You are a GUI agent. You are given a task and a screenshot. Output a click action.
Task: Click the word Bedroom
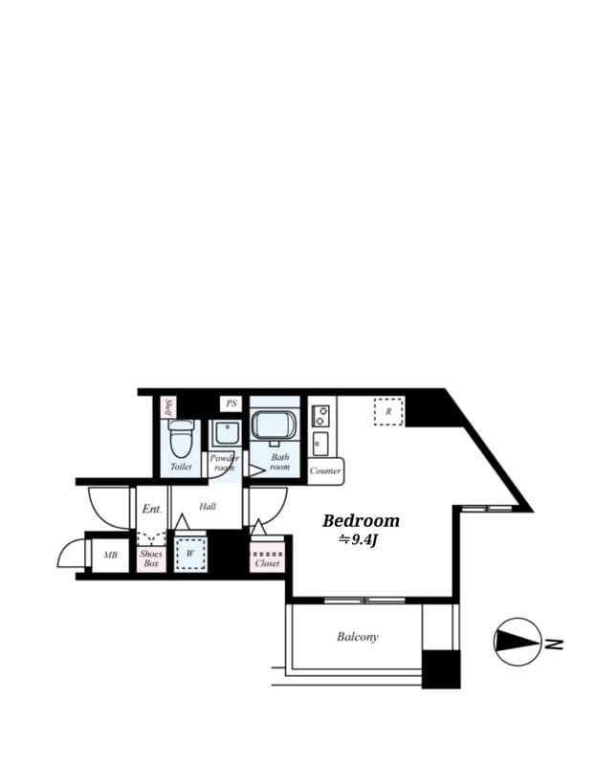(x=361, y=521)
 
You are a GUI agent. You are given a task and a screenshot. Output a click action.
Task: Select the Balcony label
(x=357, y=637)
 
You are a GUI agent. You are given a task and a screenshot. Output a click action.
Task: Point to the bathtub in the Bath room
(x=275, y=425)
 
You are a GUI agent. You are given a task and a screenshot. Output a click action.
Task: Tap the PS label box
(x=231, y=404)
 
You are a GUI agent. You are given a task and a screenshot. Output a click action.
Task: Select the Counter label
(x=325, y=470)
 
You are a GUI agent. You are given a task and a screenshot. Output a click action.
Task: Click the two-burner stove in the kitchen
(x=320, y=416)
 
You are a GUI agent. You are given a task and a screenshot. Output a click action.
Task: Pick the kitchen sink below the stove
(x=320, y=444)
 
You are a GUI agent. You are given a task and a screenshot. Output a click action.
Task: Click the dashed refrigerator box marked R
(x=388, y=411)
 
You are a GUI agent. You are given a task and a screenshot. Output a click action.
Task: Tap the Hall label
(x=208, y=507)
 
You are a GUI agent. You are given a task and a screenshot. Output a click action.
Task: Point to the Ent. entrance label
(x=151, y=509)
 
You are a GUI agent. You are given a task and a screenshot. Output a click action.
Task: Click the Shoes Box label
(x=151, y=558)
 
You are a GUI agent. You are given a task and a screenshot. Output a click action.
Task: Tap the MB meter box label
(x=110, y=556)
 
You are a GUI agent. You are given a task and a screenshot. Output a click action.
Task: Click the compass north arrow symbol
(x=518, y=643)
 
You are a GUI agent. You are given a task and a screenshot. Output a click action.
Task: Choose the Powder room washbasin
(x=226, y=433)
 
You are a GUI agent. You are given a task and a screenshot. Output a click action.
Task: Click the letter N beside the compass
(x=554, y=644)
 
